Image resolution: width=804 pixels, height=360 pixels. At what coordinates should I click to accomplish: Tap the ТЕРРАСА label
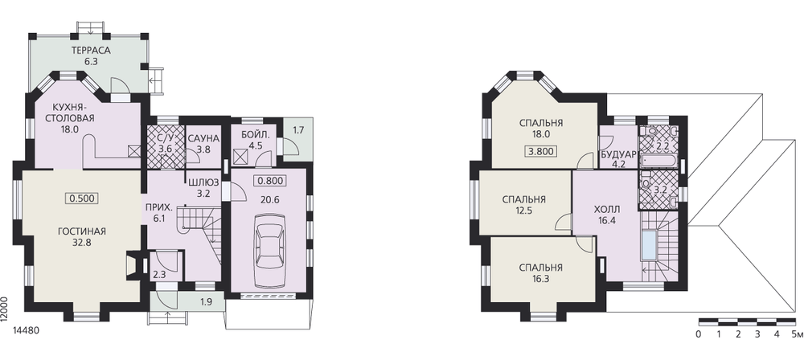tap(91, 51)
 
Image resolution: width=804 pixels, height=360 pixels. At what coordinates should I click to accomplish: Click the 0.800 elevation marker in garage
tap(269, 181)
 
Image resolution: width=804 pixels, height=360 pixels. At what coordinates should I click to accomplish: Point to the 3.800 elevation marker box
tap(541, 152)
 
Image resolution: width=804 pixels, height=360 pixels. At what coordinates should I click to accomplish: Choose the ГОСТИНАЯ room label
tap(82, 231)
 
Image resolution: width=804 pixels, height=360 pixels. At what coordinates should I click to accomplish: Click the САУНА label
tap(203, 138)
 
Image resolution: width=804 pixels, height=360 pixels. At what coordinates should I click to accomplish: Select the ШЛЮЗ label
tap(203, 182)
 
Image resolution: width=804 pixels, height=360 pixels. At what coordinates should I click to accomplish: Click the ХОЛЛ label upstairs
tap(607, 210)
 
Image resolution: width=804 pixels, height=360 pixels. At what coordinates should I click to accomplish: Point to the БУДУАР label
tap(617, 155)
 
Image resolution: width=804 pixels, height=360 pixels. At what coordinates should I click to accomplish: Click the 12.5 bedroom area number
tap(524, 210)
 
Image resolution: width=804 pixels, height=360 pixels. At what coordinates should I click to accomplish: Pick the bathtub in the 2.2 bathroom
tap(659, 163)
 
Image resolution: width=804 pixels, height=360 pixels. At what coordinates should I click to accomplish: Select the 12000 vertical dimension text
tap(5, 309)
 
